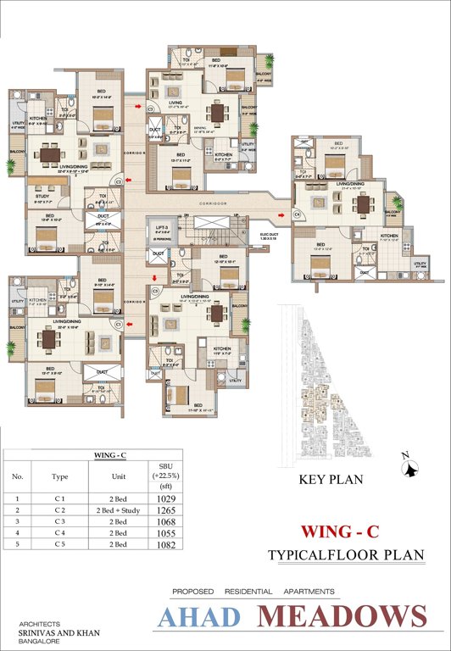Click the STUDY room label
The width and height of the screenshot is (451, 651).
42,197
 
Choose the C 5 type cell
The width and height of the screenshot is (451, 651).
60,546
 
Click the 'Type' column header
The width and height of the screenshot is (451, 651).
60,477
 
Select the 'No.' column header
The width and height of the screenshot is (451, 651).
17,477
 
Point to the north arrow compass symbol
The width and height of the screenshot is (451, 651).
410,465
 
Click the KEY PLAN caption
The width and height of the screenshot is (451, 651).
331,480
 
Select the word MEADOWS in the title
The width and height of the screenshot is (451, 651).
343,617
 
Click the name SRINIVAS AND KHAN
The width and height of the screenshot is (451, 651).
50,632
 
